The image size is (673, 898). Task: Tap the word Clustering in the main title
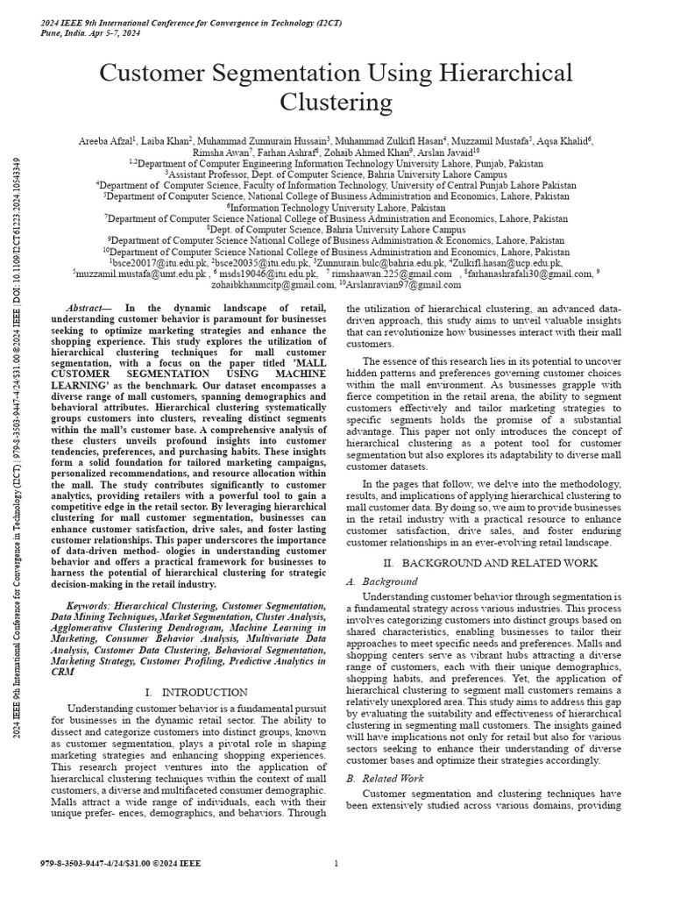[336, 102]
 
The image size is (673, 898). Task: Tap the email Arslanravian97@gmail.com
[391, 284]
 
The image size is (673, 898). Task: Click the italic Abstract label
[90, 308]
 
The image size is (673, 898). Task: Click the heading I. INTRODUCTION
[195, 692]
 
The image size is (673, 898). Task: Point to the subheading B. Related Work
[386, 778]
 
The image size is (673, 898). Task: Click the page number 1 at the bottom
[336, 864]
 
